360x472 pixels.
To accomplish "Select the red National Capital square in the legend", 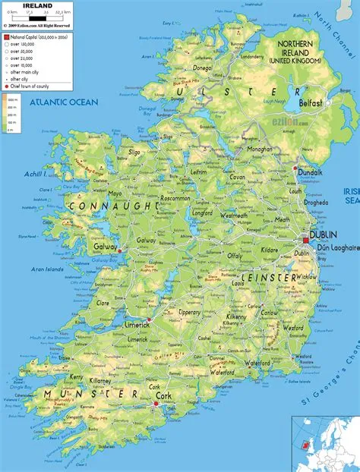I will [6, 36].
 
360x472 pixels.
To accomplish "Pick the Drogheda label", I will [315, 203].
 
